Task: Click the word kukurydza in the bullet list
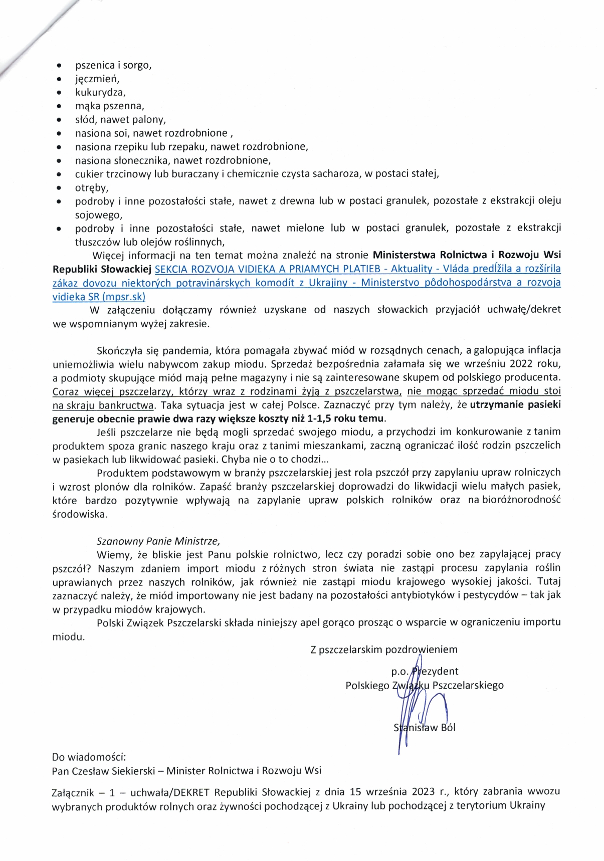100,93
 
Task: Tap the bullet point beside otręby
59,188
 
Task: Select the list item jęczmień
97,79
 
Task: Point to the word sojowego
98,215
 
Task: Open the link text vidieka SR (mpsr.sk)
99,296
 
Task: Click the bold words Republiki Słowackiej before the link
102,269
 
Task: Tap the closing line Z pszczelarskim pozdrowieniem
384,650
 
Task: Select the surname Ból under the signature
448,728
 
